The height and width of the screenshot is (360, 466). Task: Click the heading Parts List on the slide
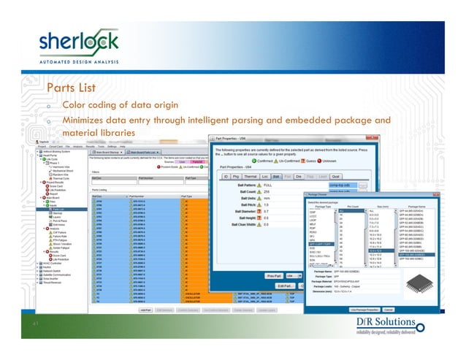(x=74, y=89)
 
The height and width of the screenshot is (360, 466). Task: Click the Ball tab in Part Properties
(x=275, y=176)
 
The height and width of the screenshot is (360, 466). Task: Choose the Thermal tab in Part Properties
(x=250, y=176)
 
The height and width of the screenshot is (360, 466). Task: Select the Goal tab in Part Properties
(x=335, y=176)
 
